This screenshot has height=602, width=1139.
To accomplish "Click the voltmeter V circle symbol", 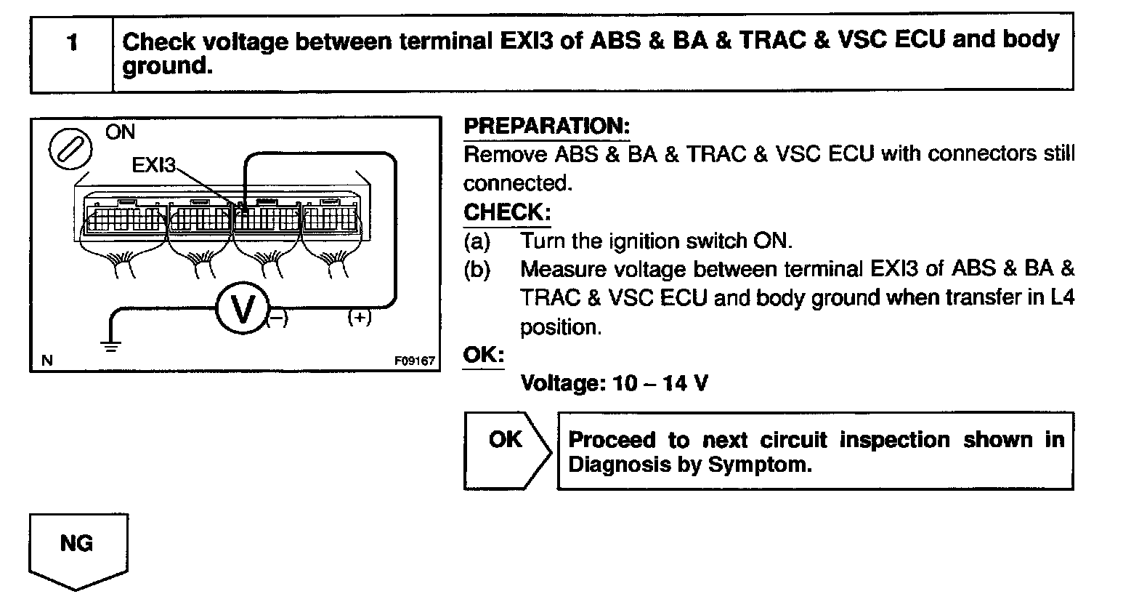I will pos(242,309).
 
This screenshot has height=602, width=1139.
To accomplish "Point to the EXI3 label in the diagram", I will pos(154,166).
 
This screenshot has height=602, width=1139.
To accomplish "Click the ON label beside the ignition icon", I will pos(120,132).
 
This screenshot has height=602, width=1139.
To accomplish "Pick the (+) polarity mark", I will pos(360,317).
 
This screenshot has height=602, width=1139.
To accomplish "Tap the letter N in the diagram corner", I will pos(46,361).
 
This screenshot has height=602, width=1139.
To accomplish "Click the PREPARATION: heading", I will pos(546,127).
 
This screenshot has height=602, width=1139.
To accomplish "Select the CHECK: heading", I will pos(507,213).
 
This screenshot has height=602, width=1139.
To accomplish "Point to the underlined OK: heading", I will pos(483,356).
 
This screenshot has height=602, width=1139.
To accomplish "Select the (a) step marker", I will pos(477,241).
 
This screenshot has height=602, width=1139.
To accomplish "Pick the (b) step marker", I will pos(477,270).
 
